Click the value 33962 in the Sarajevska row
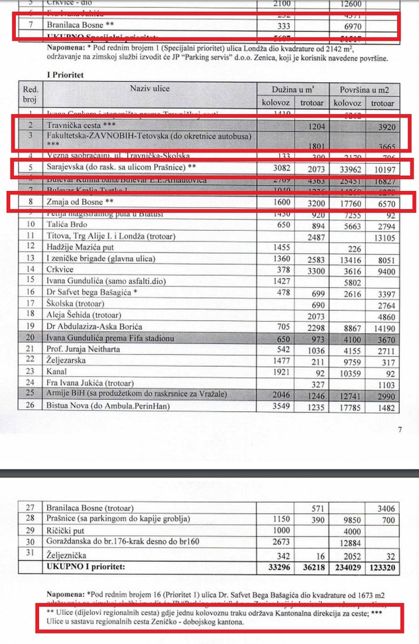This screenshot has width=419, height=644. [x=346, y=167]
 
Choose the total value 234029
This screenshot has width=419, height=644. [x=346, y=568]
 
